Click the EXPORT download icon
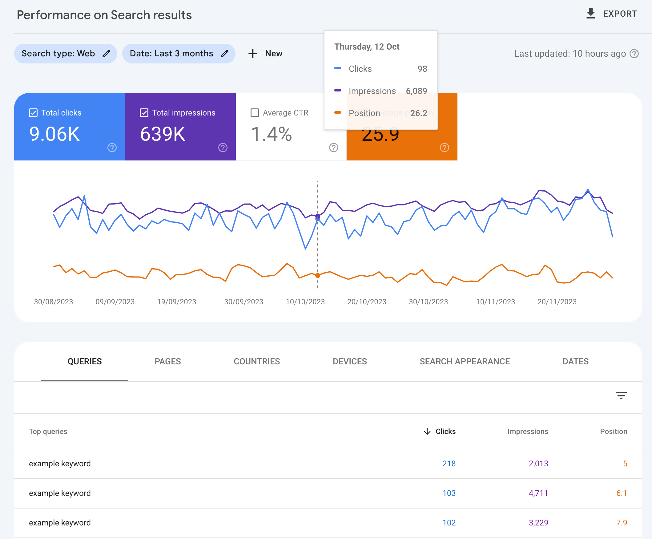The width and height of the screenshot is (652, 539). coord(590,14)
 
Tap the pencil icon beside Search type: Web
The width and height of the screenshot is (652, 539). coord(107,54)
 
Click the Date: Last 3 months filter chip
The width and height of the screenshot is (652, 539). coord(178,54)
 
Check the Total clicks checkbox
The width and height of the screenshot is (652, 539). coord(33,113)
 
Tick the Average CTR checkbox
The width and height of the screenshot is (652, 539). coord(255,113)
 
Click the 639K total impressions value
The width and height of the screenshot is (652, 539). coord(163,134)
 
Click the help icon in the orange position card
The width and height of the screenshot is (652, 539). coord(444,148)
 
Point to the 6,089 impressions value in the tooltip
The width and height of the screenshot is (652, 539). coord(416,91)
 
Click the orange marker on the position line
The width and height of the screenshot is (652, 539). coord(317,275)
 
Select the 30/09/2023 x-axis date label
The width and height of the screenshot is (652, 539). coord(243,302)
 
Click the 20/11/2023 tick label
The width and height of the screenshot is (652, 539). coord(557,302)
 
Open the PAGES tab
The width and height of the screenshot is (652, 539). coord(167,361)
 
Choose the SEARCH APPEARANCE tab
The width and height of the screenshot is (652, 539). coord(465,361)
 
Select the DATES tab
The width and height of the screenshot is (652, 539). coord(575,361)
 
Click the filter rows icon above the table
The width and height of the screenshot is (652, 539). coord(621,395)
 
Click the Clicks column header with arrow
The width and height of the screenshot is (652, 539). coord(440,431)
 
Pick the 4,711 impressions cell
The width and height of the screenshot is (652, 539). coord(538,493)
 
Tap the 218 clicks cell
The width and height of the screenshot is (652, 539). coord(449,464)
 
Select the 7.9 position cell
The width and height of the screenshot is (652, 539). coord(621,523)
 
